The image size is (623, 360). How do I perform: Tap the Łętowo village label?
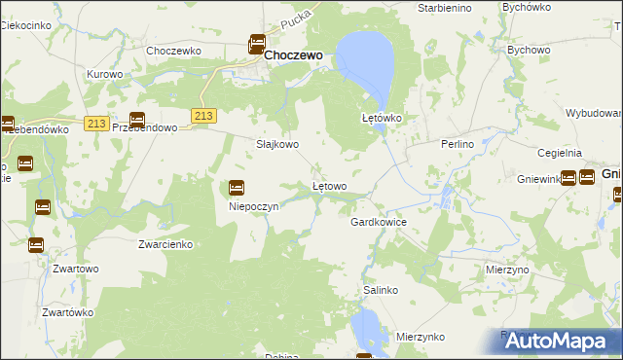(329, 185)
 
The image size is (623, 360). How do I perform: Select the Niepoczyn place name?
(254, 206)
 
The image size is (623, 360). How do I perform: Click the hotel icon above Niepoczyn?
(237, 188)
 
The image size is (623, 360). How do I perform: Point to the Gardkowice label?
(378, 222)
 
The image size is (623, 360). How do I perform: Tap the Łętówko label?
(383, 119)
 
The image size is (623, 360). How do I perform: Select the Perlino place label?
(457, 144)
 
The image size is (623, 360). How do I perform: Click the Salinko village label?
(381, 290)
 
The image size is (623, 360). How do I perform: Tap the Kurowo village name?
(104, 74)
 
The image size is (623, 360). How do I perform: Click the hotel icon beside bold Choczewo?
(257, 44)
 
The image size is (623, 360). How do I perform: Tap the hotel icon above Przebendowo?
(137, 121)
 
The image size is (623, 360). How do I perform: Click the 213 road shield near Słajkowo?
(202, 116)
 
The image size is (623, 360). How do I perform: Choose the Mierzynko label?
(421, 337)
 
